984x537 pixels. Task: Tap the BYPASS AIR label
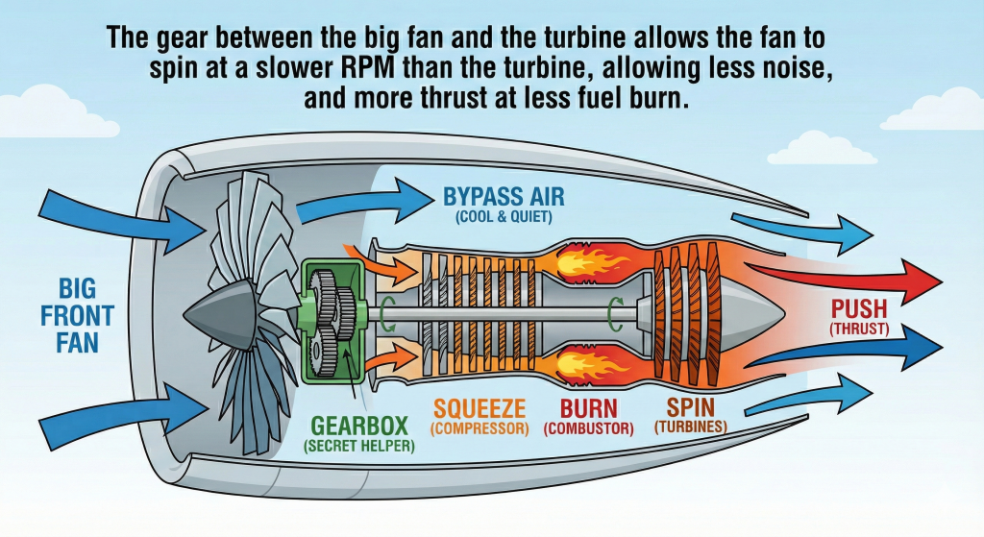coord(504,198)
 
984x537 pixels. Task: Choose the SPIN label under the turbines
coord(691,407)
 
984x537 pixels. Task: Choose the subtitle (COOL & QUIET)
coord(504,218)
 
